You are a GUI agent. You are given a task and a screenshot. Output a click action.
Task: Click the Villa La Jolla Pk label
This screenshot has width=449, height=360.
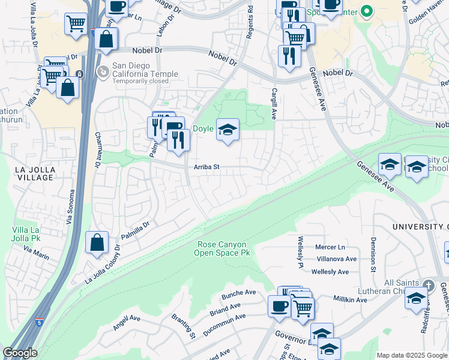[26, 234]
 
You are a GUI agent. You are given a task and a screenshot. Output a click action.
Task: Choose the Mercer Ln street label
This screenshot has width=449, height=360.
[331, 247]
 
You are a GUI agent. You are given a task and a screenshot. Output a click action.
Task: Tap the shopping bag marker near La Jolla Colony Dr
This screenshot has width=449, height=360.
[97, 243]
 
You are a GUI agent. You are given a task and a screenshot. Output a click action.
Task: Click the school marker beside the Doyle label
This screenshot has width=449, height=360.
[228, 130]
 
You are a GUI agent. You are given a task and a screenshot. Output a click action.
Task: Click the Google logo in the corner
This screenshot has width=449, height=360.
[20, 353]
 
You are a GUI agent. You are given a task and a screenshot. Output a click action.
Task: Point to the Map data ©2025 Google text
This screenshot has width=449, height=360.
[412, 355]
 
